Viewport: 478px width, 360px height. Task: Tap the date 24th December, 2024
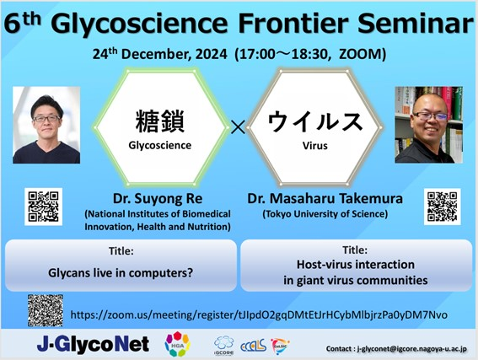pyautogui.click(x=159, y=54)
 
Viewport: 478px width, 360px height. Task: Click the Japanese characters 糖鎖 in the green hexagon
pyautogui.click(x=159, y=121)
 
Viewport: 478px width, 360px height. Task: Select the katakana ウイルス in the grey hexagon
pyautogui.click(x=315, y=121)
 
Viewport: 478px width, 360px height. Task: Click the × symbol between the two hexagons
pyautogui.click(x=238, y=127)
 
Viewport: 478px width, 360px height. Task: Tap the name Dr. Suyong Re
pyautogui.click(x=158, y=199)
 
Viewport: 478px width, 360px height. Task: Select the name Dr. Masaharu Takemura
pyautogui.click(x=325, y=199)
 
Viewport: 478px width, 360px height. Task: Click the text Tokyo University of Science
pyautogui.click(x=325, y=214)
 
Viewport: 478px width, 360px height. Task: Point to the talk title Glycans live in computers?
pyautogui.click(x=121, y=273)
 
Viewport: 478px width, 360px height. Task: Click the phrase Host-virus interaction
pyautogui.click(x=356, y=265)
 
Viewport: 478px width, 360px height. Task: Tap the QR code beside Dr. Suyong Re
pyautogui.click(x=43, y=207)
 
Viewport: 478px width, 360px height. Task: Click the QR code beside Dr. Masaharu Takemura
pyautogui.click(x=443, y=207)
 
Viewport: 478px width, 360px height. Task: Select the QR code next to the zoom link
pyautogui.click(x=46, y=310)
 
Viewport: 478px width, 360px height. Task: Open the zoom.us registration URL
pyautogui.click(x=259, y=314)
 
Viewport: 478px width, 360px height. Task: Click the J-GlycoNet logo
pyautogui.click(x=93, y=345)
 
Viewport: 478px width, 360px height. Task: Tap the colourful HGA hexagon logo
pyautogui.click(x=177, y=344)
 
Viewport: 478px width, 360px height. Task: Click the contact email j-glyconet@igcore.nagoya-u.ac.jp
pyautogui.click(x=411, y=349)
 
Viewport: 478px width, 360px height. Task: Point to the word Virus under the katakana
pyautogui.click(x=315, y=146)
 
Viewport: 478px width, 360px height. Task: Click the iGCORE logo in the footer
pyautogui.click(x=223, y=346)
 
